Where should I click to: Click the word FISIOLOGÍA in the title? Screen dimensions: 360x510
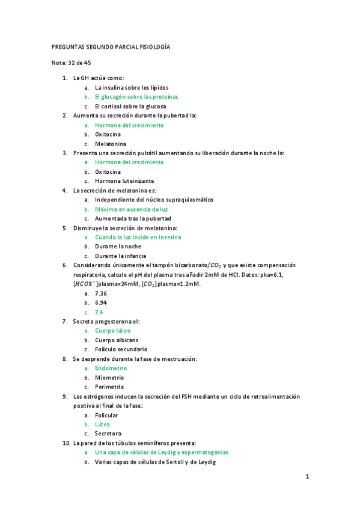(x=156, y=47)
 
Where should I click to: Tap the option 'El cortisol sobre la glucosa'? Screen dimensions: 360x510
(x=130, y=106)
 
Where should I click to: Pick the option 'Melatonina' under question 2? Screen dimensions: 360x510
(x=111, y=144)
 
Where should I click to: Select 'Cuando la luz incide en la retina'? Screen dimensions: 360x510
(x=138, y=237)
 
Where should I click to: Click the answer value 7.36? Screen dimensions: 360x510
(x=101, y=293)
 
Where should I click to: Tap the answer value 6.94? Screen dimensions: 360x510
(x=101, y=303)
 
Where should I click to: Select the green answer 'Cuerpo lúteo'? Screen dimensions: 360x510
(x=112, y=331)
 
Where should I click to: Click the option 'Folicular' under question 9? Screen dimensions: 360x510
(x=106, y=415)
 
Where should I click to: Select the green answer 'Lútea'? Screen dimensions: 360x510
(x=102, y=424)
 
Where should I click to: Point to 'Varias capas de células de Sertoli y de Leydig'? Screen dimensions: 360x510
(x=155, y=462)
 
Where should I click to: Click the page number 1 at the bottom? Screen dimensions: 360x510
(x=307, y=478)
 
